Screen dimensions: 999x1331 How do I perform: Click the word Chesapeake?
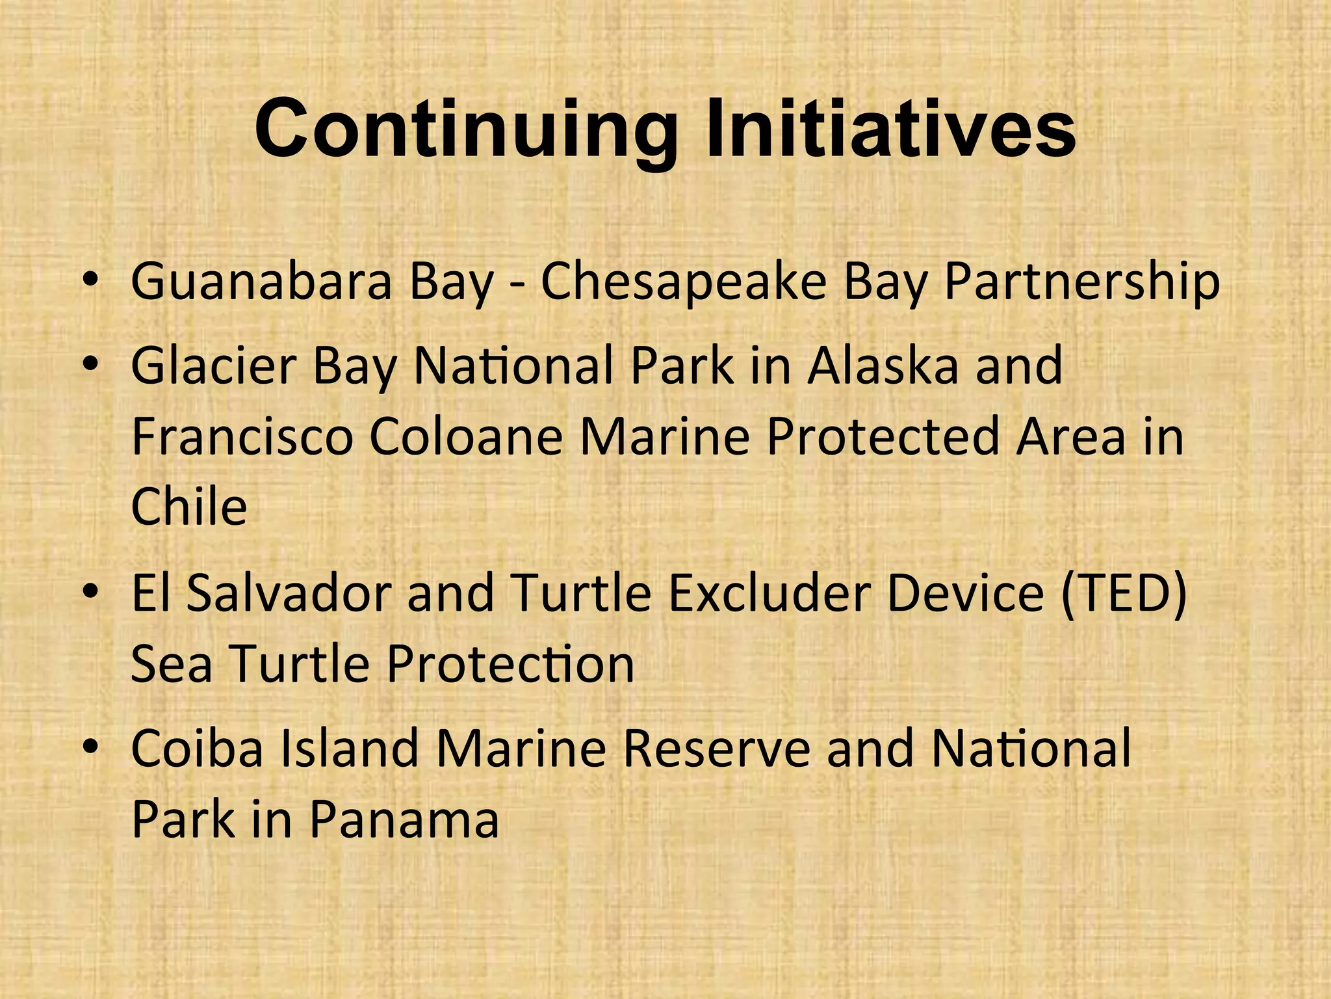[x=683, y=282]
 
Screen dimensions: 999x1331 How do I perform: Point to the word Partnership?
[x=1081, y=282]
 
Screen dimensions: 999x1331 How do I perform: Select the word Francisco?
[x=242, y=436]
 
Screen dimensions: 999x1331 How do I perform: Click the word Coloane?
[x=465, y=436]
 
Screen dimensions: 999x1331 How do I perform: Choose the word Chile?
[x=188, y=507]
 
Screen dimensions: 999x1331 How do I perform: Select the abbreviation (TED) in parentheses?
[x=1123, y=593]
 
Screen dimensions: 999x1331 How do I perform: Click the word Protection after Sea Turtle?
[x=510, y=664]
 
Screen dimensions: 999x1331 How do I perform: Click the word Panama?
[x=404, y=819]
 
